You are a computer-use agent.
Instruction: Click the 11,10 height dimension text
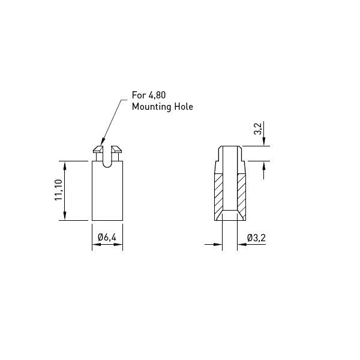point(59,190)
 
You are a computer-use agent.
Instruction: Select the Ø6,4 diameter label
point(107,237)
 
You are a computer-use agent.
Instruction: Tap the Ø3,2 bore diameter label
point(256,238)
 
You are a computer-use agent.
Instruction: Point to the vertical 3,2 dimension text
point(258,129)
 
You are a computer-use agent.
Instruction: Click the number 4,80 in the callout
point(157,95)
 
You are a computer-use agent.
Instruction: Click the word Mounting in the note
point(152,107)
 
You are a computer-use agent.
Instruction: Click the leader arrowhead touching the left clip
point(103,142)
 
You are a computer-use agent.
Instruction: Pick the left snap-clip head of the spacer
point(98,149)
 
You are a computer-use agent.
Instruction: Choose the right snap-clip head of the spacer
point(116,149)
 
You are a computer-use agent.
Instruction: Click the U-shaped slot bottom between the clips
point(107,167)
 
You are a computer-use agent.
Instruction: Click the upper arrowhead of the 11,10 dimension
point(65,166)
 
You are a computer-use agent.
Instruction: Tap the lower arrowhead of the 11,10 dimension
point(65,216)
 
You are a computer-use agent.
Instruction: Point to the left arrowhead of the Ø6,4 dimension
point(97,245)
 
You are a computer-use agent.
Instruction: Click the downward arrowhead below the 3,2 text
point(264,142)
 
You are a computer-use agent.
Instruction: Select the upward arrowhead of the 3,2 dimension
point(264,166)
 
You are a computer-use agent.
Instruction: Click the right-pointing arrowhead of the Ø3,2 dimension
point(218,245)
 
